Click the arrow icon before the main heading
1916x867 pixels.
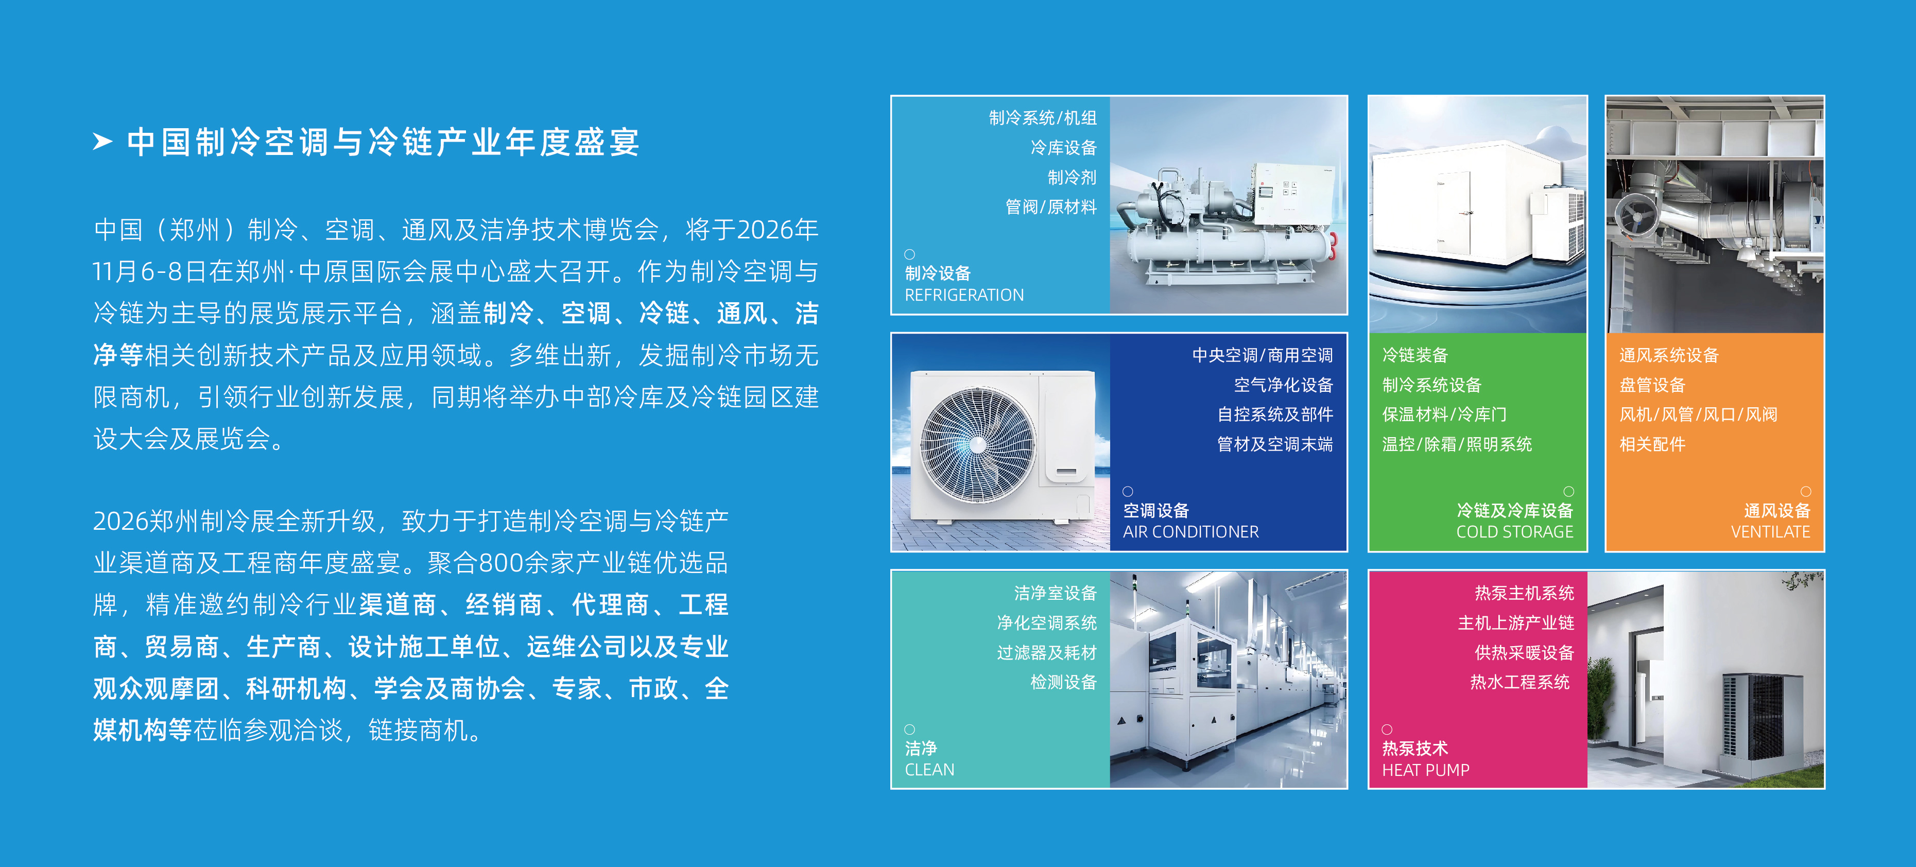coord(102,141)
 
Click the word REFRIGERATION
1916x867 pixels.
coord(964,295)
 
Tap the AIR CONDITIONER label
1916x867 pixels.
coord(1191,532)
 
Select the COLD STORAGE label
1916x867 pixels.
coord(1514,532)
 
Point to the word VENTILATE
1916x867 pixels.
coord(1770,532)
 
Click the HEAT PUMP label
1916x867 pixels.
coord(1425,770)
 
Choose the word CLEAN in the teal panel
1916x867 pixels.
coord(929,770)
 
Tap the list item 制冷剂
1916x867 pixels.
coord(1072,177)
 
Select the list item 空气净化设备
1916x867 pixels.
coord(1283,385)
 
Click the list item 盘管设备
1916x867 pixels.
coord(1652,385)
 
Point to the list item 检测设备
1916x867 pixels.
coord(1064,682)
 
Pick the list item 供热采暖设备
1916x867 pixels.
coord(1524,652)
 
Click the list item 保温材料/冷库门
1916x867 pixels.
coord(1444,414)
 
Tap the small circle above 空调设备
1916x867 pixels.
coord(1128,492)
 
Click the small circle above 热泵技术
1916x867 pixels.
coord(1387,730)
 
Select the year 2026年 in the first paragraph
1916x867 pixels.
coord(777,230)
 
